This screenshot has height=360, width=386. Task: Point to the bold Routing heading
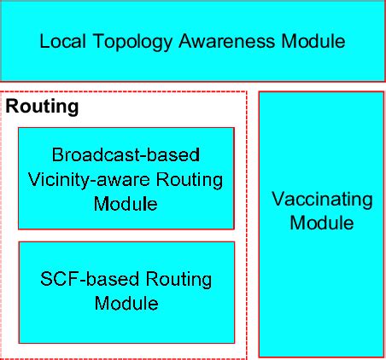[43, 107]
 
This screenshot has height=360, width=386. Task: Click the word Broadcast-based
[126, 155]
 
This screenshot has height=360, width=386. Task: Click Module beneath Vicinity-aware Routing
[126, 204]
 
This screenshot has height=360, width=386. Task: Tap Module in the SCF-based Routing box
[126, 303]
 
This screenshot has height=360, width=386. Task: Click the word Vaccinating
[322, 200]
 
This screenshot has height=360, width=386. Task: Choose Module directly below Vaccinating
[322, 224]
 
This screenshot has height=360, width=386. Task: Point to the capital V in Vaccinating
[278, 199]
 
